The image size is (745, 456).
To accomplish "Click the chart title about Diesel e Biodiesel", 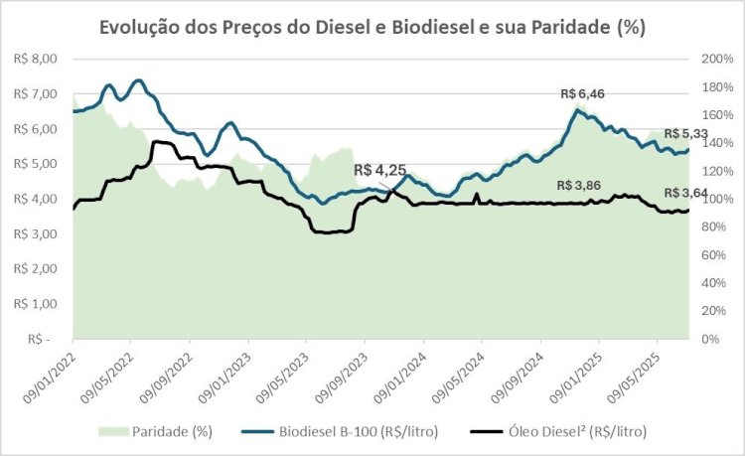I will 372,27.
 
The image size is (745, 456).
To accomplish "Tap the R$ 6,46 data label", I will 582,94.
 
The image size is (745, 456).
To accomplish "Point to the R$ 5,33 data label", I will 686,134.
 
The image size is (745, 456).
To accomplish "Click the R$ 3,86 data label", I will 579,186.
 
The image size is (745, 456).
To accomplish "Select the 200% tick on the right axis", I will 716,60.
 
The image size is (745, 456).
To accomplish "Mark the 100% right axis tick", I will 716,199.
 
